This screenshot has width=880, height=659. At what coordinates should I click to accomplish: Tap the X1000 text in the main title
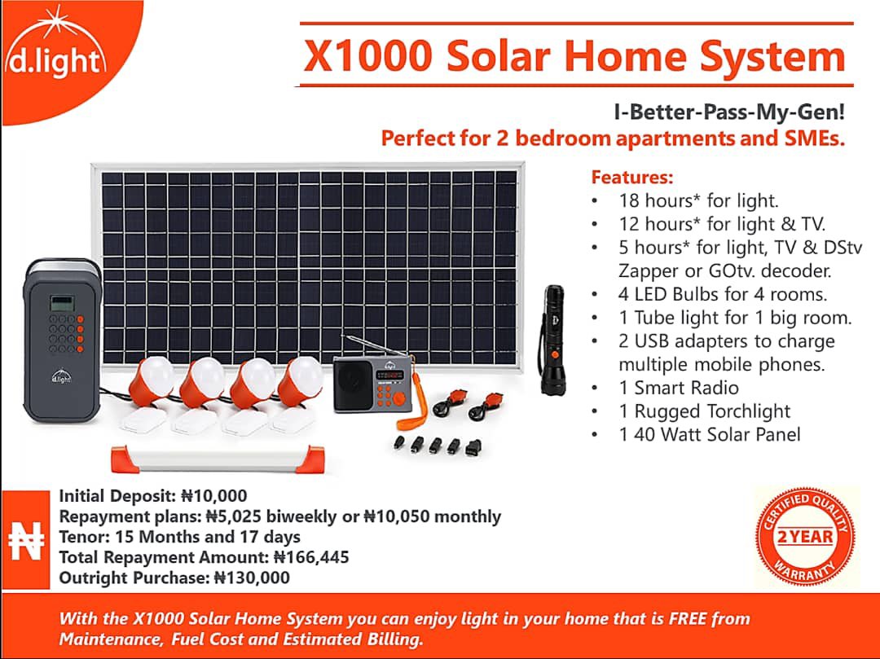click(367, 56)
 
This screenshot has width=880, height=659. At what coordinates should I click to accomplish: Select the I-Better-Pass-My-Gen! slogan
click(729, 112)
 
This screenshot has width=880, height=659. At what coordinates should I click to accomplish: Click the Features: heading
click(632, 178)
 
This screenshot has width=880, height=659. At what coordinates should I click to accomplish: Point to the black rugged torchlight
click(552, 340)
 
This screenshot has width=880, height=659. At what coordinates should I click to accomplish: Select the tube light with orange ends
click(218, 459)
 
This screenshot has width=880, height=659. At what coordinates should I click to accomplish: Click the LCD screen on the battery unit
click(62, 303)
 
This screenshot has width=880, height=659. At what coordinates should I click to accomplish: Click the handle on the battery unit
click(62, 266)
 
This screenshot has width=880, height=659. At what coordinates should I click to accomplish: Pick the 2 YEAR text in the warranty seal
click(805, 537)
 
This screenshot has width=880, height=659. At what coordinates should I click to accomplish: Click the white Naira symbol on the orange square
click(26, 540)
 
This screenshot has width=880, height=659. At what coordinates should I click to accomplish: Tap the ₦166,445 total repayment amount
click(311, 557)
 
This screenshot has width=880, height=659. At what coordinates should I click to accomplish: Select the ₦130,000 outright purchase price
click(252, 578)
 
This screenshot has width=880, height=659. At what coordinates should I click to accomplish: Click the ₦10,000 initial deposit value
click(213, 496)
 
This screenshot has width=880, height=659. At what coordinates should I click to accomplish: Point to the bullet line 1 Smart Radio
click(679, 388)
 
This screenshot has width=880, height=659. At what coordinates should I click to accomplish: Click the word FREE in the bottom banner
click(688, 618)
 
